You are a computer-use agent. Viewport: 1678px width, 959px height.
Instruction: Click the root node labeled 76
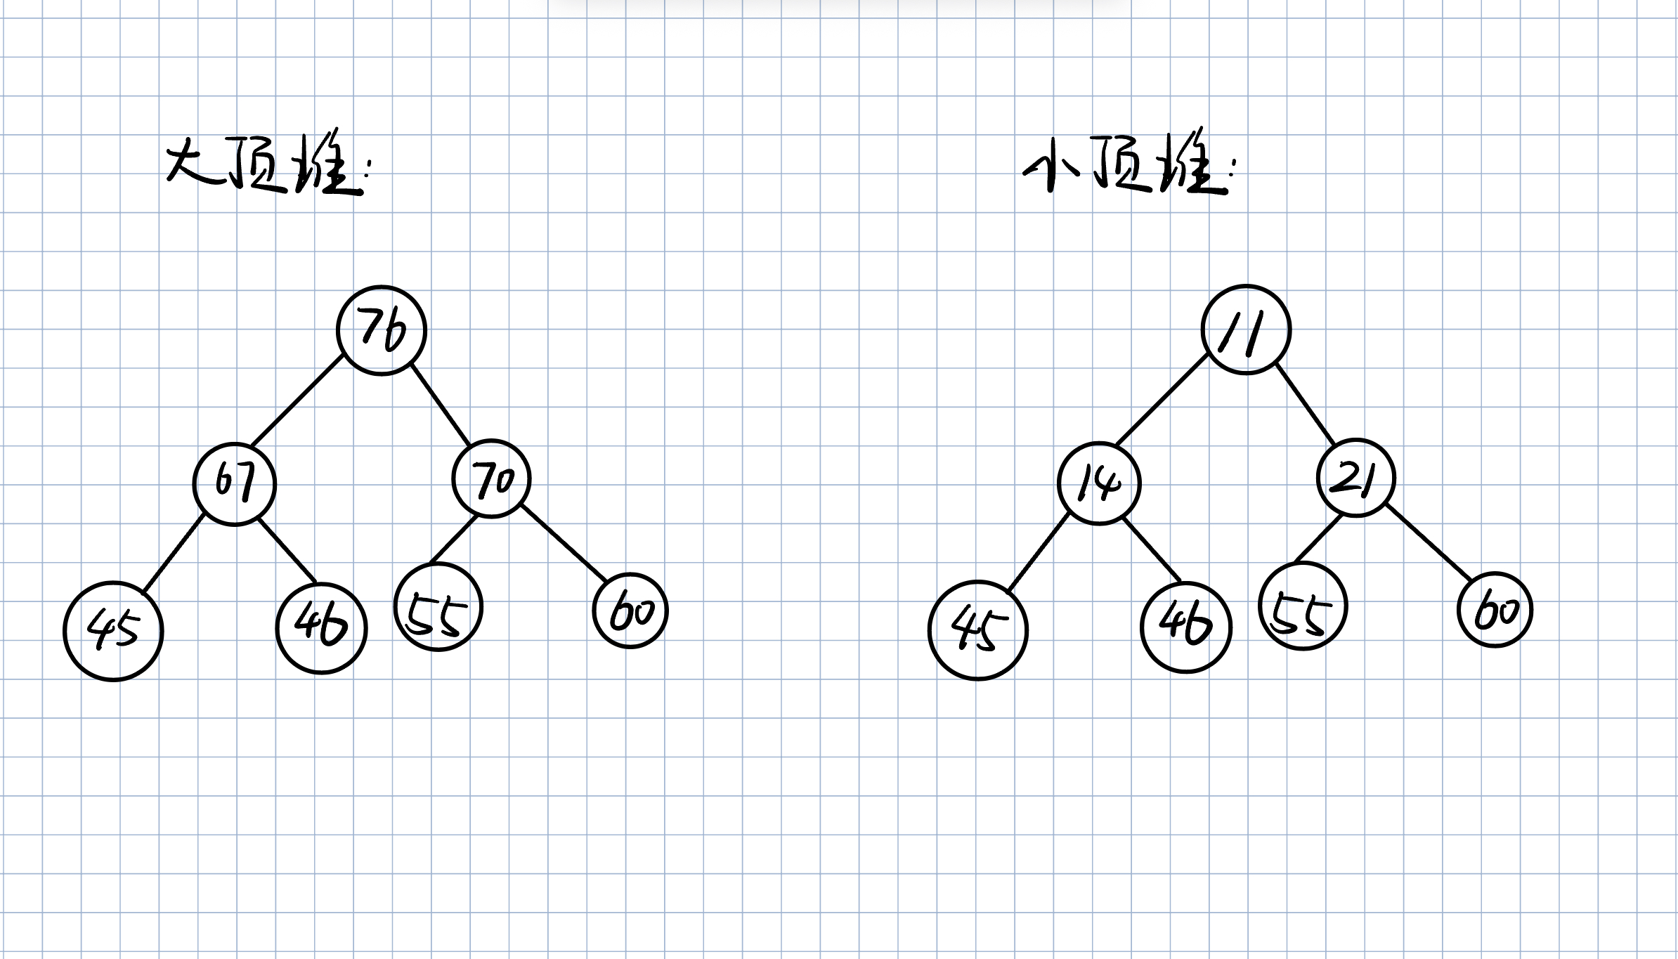(x=382, y=330)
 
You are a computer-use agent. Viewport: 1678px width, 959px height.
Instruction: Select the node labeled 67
(x=235, y=483)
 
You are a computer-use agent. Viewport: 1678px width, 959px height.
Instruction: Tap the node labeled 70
(x=491, y=479)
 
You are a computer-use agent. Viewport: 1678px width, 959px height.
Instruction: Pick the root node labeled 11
(x=1246, y=330)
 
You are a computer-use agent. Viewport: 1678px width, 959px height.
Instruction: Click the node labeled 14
(x=1099, y=483)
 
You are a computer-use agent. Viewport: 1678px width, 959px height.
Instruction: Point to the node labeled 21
(x=1355, y=478)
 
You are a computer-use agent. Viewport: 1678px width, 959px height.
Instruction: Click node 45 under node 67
(x=113, y=630)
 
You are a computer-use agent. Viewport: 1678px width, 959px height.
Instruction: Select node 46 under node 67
(x=321, y=627)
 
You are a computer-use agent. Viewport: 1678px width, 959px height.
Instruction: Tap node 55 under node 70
(x=438, y=607)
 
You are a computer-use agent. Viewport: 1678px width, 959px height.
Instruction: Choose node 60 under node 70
(x=630, y=611)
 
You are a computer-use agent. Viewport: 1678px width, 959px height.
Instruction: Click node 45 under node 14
(x=977, y=630)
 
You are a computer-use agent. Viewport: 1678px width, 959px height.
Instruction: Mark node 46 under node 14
(x=1185, y=627)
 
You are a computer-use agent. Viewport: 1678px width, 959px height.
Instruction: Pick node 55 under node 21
(x=1302, y=606)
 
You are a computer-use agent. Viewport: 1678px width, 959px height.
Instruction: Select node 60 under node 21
(x=1495, y=610)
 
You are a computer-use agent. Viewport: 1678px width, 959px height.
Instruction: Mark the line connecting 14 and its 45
(x=1038, y=553)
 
